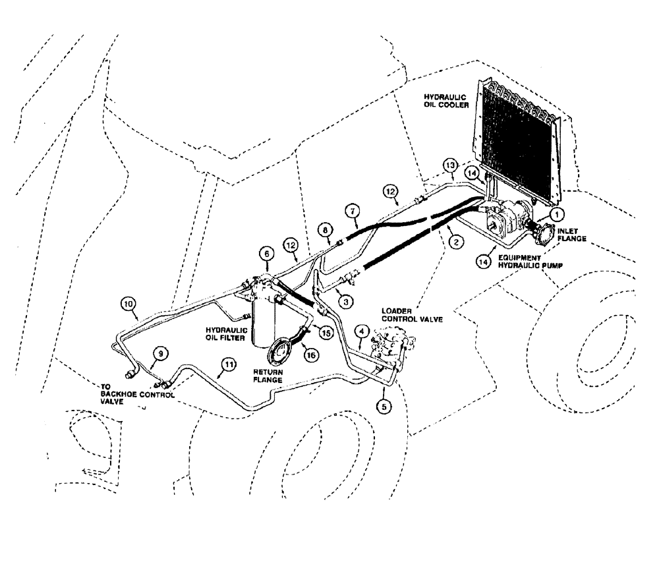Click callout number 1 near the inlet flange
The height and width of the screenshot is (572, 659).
pos(558,214)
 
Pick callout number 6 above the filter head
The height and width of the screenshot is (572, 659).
pos(266,252)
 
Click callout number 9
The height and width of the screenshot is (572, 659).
pos(159,353)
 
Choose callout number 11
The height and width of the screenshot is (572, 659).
pos(228,364)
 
